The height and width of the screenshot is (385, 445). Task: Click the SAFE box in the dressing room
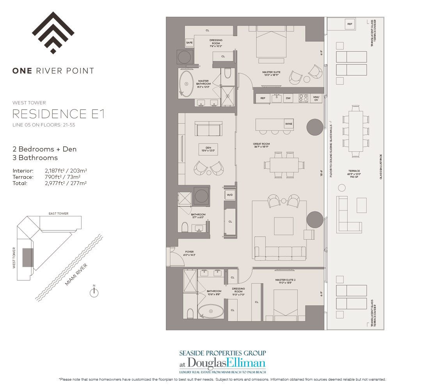coord(190,43)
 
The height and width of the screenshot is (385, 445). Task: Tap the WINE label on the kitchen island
coord(288,124)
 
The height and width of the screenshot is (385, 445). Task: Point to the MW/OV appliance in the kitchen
coord(316,98)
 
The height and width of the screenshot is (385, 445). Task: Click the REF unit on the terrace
coord(349,24)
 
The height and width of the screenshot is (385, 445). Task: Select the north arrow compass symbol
coord(94,292)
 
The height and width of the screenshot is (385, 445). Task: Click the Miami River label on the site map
coord(77,274)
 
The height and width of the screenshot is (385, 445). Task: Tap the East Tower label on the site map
coord(59,214)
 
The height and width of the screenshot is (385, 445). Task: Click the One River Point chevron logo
coord(53,33)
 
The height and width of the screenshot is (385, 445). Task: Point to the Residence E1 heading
coord(59,114)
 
